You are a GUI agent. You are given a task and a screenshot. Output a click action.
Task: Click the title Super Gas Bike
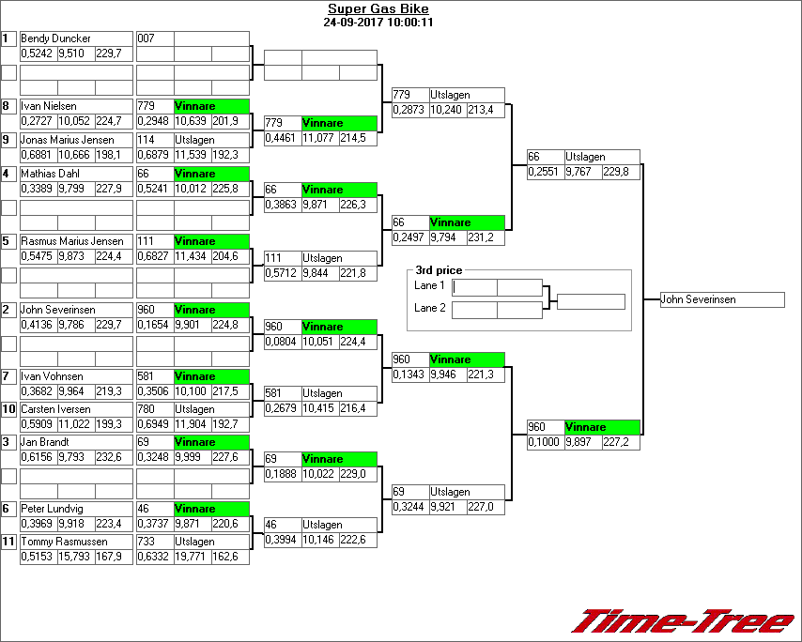coord(378,9)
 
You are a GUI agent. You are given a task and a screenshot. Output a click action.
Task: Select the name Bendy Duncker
coord(56,38)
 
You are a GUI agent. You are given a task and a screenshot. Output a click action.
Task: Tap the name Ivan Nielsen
coord(49,106)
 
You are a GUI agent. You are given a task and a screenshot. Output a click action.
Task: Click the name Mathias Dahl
coord(52,174)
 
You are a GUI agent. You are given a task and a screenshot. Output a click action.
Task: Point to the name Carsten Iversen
coord(56,409)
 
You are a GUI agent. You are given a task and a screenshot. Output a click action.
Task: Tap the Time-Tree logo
coord(684,621)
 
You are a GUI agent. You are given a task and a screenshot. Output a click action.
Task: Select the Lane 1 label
coord(429,285)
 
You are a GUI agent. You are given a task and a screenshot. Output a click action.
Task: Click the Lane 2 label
coord(429,308)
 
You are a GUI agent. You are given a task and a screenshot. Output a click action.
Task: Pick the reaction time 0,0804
coord(281,342)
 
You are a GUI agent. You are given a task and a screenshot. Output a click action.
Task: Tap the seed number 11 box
coord(9,542)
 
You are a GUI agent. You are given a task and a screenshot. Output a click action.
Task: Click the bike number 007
coord(146,38)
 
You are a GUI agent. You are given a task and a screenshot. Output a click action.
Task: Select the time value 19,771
coord(191,557)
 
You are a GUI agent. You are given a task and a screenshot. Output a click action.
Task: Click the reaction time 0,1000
coord(544,442)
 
